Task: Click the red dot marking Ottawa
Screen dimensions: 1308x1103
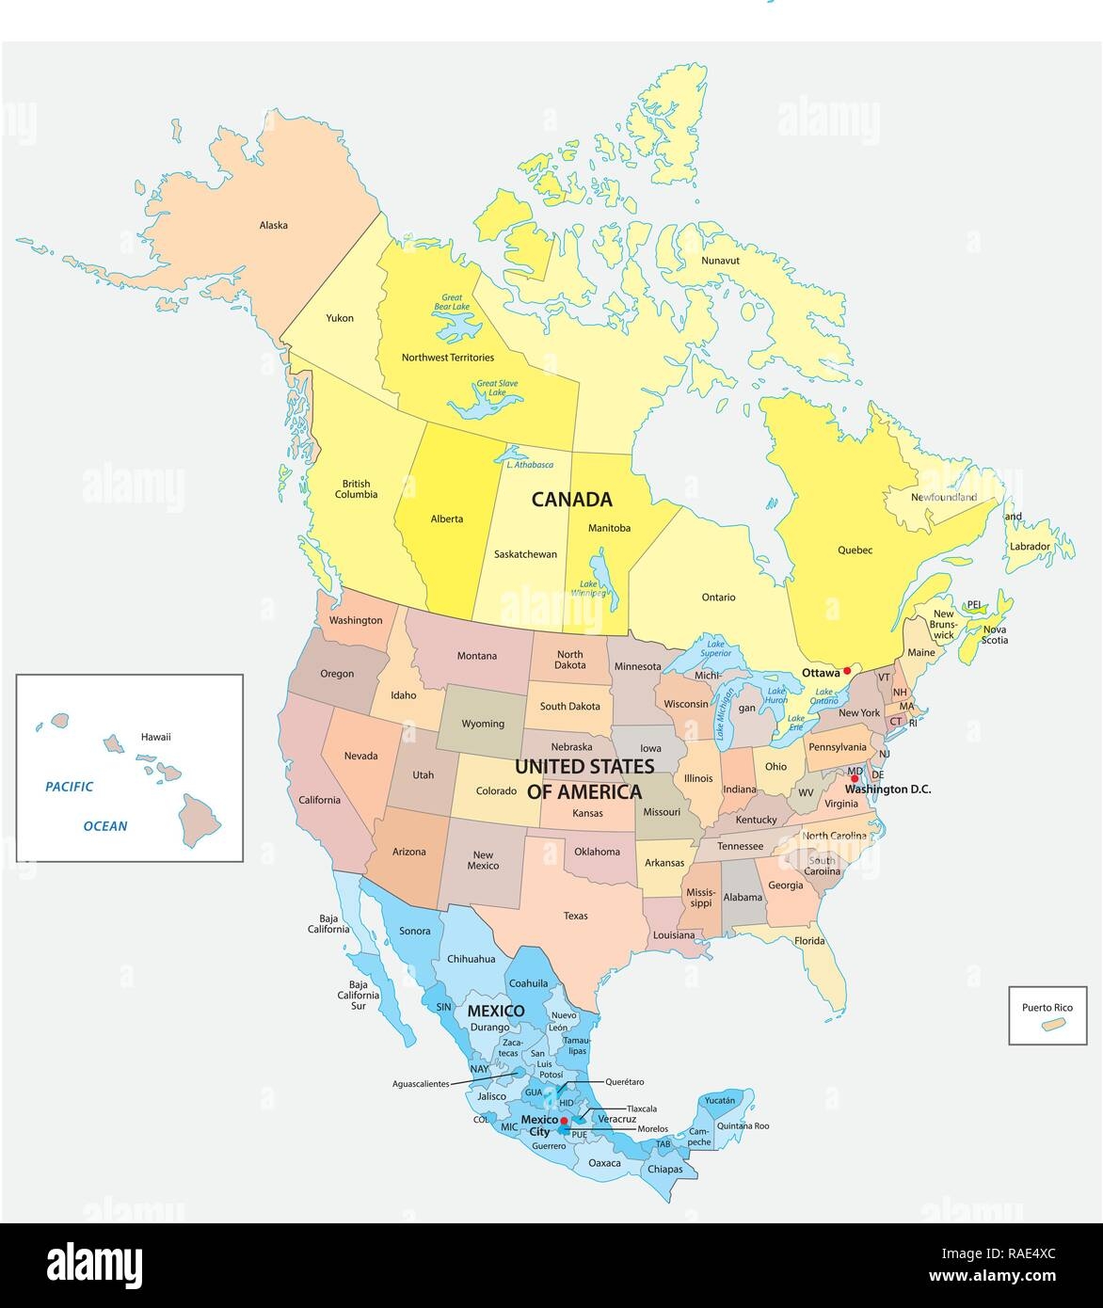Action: [x=847, y=670]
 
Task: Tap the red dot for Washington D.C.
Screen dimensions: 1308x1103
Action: [x=855, y=778]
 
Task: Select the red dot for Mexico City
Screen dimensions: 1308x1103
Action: [x=564, y=1121]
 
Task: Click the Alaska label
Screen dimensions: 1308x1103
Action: [x=274, y=225]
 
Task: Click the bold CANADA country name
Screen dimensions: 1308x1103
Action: [x=572, y=500]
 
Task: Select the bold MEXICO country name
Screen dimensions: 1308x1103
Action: [x=496, y=1011]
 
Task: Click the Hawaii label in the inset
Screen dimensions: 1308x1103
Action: [x=155, y=737]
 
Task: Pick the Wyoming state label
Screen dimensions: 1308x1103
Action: [x=483, y=724]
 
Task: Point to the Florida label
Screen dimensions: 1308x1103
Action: [x=808, y=940]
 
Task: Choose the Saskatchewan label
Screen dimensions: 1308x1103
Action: [x=525, y=554]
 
